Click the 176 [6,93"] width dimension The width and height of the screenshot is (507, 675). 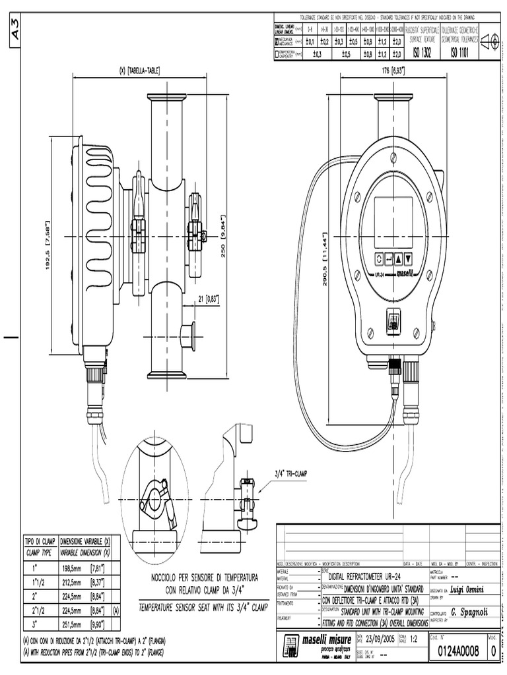click(388, 70)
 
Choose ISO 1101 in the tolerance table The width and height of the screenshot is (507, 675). click(459, 53)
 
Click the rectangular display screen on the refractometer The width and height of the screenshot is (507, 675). click(393, 221)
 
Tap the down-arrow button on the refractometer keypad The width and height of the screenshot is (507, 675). click(408, 258)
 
